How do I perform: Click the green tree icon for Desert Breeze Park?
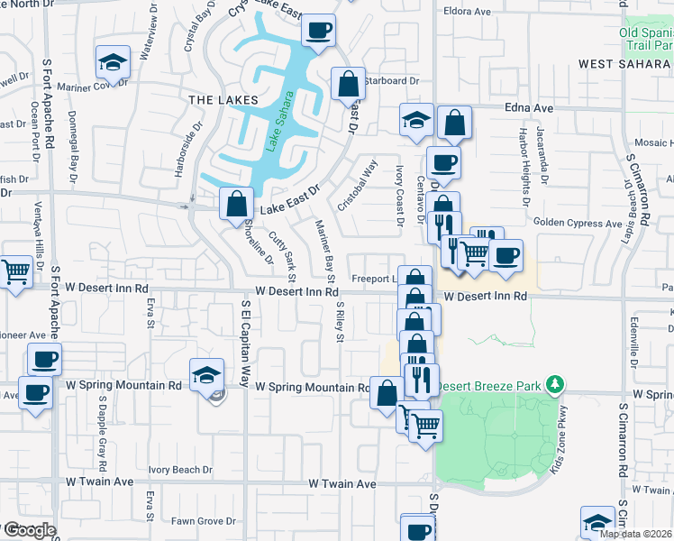pos(556,385)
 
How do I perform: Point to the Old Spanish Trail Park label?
pos(646,38)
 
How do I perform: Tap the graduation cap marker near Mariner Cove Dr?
pos(113,62)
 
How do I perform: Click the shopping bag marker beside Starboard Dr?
pos(348,85)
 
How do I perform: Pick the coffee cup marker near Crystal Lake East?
pos(319,31)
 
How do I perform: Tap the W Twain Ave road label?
pos(342,484)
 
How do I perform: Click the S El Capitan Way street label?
pos(244,344)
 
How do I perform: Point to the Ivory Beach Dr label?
pos(180,470)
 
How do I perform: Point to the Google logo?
pos(29,530)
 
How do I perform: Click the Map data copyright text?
pos(635,534)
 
